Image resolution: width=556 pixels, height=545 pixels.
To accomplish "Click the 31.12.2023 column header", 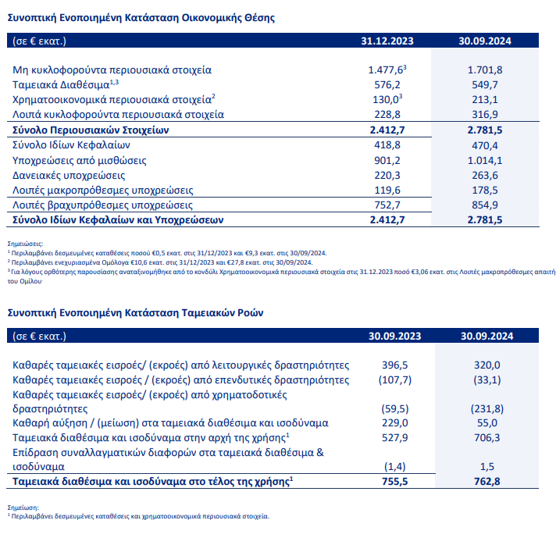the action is click(387, 41).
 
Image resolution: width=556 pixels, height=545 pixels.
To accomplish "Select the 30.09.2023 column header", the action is click(394, 337).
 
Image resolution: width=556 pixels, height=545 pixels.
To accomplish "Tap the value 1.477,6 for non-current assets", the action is click(386, 69).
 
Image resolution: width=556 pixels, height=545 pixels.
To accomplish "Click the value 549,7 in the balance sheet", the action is click(485, 85).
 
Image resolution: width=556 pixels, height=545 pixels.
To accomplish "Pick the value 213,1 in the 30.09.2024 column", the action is click(485, 100).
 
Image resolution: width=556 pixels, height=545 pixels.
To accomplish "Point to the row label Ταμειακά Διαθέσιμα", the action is click(61, 85).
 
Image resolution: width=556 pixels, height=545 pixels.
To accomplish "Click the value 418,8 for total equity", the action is click(387, 145).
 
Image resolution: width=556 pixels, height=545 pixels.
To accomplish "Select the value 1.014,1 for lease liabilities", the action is click(485, 161).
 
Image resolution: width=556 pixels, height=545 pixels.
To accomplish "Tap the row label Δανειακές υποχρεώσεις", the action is click(69, 176).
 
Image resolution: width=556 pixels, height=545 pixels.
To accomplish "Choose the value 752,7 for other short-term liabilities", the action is click(387, 205).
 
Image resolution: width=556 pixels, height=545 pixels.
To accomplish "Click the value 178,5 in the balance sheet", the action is click(485, 191).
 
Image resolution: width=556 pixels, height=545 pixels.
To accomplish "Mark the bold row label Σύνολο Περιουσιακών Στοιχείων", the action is click(91, 130).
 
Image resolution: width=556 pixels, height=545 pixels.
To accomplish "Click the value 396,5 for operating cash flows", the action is click(394, 365).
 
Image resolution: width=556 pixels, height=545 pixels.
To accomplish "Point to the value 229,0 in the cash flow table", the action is click(394, 422).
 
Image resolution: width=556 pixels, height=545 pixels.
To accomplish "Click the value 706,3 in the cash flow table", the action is click(486, 437).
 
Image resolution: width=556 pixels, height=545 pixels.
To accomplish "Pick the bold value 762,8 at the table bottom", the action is click(486, 482).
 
